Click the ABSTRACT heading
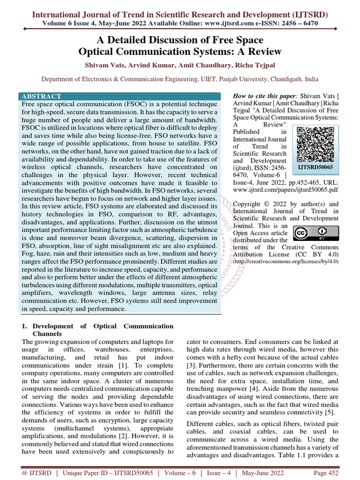click(41, 96)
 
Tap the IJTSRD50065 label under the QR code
click(315, 166)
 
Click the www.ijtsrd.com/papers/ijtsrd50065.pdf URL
click(285, 191)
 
